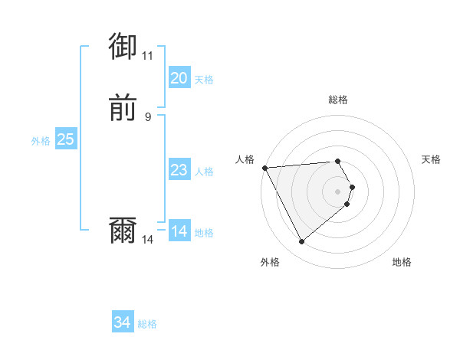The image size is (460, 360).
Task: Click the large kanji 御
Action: (x=123, y=47)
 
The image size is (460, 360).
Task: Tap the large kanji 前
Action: (x=123, y=109)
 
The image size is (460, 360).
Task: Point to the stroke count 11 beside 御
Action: (x=147, y=56)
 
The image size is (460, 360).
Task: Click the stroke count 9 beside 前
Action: (x=147, y=116)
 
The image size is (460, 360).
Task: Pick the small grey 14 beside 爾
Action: (x=147, y=240)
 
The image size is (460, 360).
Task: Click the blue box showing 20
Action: (x=179, y=78)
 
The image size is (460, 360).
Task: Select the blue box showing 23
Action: (x=179, y=170)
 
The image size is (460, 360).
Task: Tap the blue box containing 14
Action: (x=179, y=231)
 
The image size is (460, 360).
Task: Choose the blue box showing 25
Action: (x=65, y=139)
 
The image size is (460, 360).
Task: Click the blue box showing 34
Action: (x=123, y=322)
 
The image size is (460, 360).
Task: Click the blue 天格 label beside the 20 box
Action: (x=204, y=80)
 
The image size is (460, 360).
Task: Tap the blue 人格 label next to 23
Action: (x=204, y=172)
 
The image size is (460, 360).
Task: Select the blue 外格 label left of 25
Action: (x=41, y=141)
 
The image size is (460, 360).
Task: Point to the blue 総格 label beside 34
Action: (x=147, y=324)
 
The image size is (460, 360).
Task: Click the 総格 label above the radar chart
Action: (x=338, y=100)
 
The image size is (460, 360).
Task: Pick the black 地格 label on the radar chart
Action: (x=402, y=262)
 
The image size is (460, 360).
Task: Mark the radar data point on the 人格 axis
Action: (x=264, y=167)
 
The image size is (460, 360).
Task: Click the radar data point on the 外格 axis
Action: (x=301, y=242)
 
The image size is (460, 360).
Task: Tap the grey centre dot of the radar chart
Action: (x=338, y=191)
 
